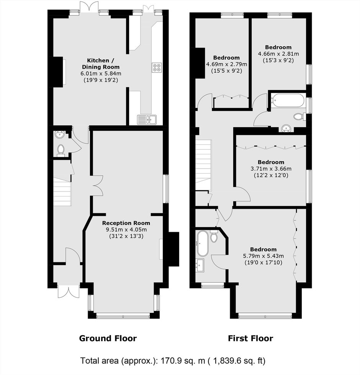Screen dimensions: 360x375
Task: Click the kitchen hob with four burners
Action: (x=157, y=67)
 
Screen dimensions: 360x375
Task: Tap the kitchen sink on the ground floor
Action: (x=147, y=120)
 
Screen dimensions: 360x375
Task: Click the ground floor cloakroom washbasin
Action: (x=59, y=134)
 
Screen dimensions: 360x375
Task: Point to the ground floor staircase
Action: (x=62, y=192)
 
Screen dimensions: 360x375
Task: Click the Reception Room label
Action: (x=126, y=223)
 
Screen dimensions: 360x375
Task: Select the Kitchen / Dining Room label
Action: (x=101, y=64)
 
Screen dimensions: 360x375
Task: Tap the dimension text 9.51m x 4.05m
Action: (x=126, y=230)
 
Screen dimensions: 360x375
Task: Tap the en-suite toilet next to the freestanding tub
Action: (x=214, y=236)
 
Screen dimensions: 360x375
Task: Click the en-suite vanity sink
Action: (x=200, y=265)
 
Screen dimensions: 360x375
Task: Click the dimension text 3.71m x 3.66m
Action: (x=271, y=169)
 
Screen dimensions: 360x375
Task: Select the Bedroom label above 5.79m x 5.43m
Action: (x=263, y=249)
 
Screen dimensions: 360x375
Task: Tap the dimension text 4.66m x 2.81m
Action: (x=278, y=54)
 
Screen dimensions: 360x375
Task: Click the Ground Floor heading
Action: (x=108, y=338)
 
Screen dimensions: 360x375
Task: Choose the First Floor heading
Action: (x=250, y=338)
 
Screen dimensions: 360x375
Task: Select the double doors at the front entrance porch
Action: (x=69, y=291)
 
